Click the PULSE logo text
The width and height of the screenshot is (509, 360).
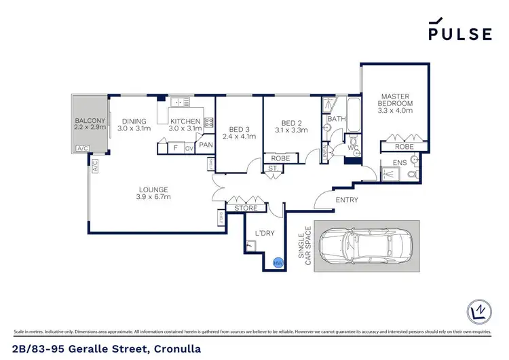tap(459, 34)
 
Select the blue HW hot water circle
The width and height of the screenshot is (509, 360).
tap(278, 263)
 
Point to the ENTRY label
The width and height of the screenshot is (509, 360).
tap(347, 200)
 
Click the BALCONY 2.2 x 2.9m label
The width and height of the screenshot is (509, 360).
tap(90, 124)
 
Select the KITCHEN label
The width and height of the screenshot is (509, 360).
tap(185, 122)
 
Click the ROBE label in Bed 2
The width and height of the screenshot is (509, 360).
tap(280, 158)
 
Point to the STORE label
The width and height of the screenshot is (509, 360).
tap(245, 208)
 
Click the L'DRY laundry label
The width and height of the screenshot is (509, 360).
tap(264, 233)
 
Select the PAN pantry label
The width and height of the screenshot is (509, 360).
tap(206, 145)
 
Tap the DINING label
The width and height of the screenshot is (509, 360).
tap(134, 122)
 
